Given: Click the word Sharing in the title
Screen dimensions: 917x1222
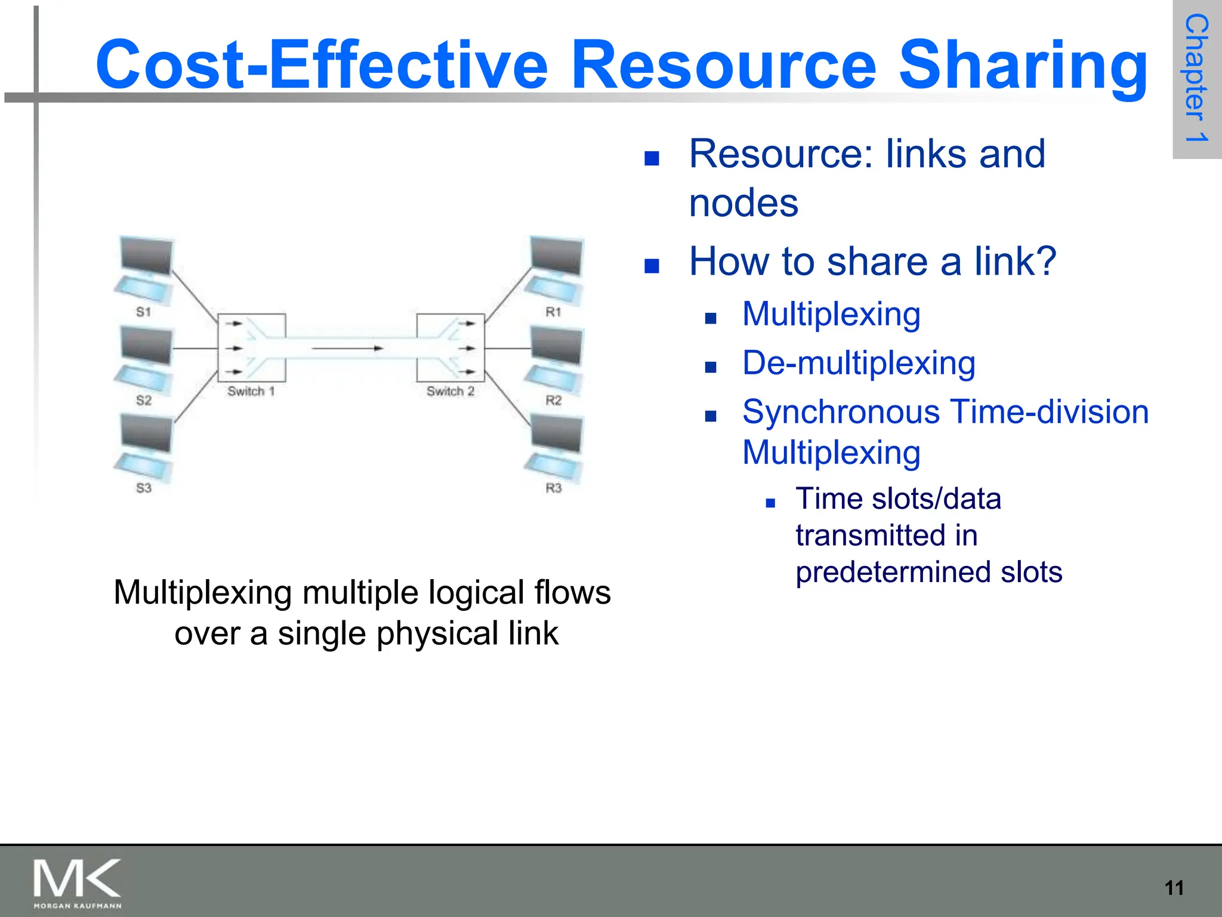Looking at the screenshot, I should coord(1023,66).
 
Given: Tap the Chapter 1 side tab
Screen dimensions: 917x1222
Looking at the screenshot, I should coord(1196,79).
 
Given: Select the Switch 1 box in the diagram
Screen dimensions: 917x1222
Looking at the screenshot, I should coord(251,347).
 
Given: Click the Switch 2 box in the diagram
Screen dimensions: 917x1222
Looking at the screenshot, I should coord(450,347).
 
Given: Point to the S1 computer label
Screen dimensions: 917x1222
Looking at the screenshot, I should coord(143,312).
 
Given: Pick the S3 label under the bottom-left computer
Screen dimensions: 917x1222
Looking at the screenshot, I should coord(143,488).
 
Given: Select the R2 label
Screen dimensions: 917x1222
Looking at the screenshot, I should coord(553,400).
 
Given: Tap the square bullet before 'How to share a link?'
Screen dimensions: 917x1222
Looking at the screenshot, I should coord(652,266).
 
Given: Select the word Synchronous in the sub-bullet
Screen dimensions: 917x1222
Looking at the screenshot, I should coord(842,412).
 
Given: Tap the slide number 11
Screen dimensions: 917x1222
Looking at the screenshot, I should coord(1174,888).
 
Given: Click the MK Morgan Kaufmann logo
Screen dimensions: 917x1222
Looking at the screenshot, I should coord(78,883).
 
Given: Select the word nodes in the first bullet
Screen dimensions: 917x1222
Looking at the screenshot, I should coord(743,203).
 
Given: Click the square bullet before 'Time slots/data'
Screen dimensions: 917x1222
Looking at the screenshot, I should coord(770,503).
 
